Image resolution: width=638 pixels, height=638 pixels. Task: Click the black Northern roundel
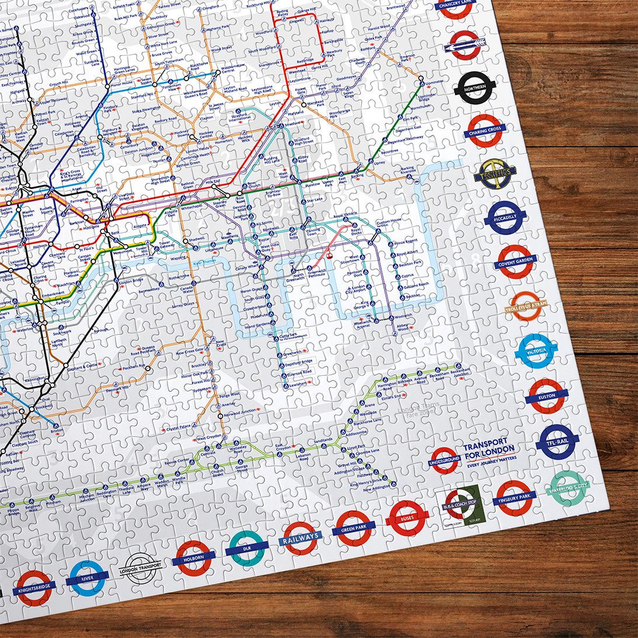(475, 88)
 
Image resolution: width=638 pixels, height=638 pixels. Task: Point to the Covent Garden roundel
(516, 262)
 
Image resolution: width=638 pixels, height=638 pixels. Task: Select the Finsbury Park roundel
(514, 498)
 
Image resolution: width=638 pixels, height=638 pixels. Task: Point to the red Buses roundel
(407, 518)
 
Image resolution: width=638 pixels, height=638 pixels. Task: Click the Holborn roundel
(193, 558)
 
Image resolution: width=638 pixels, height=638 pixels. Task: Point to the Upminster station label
(430, 81)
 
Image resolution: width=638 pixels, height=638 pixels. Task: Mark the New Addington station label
(376, 490)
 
